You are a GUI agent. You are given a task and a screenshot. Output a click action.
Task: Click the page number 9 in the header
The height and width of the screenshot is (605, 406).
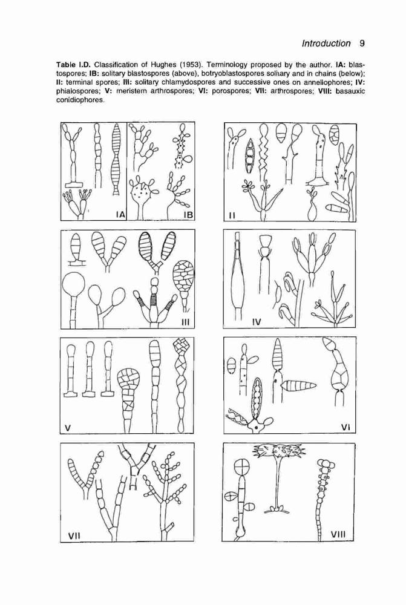(362, 43)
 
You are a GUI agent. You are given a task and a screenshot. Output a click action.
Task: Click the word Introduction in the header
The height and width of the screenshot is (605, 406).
(326, 43)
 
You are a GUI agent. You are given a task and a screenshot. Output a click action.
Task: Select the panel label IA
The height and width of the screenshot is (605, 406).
(120, 215)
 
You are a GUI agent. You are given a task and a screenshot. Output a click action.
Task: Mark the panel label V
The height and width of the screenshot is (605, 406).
(68, 427)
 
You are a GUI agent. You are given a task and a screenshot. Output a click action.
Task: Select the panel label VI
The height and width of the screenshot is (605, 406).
(345, 427)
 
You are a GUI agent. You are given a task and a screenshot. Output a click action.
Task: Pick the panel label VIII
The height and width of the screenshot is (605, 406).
(338, 534)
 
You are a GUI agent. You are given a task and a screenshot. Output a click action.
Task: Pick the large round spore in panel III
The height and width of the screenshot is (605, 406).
(73, 285)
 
